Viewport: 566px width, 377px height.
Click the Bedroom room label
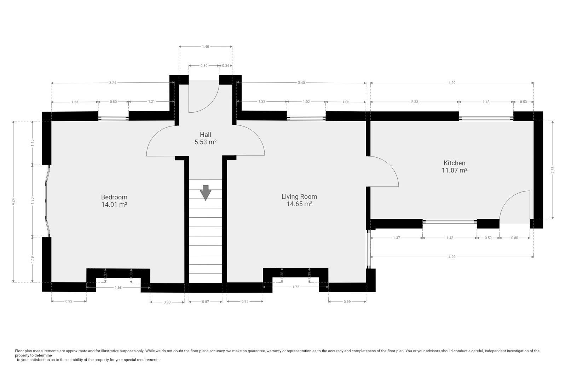[114, 197]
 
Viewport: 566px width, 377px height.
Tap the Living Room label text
[299, 196]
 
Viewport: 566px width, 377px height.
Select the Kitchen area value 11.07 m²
[454, 170]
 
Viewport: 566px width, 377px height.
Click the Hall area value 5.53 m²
[205, 142]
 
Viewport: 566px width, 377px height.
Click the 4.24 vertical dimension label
[13, 202]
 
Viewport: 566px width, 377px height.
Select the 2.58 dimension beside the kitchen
[553, 170]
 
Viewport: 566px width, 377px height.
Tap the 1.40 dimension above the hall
[205, 46]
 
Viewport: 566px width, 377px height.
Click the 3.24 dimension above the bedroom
[112, 83]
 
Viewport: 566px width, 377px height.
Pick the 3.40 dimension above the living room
[301, 83]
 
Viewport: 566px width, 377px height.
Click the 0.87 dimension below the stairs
[205, 302]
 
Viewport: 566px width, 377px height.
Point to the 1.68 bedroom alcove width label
[118, 288]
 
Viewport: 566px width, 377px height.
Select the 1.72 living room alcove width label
[295, 287]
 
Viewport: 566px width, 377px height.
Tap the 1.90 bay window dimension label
[32, 200]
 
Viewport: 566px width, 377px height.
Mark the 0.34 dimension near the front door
[225, 65]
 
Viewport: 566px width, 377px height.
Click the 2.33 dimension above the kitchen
[414, 102]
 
